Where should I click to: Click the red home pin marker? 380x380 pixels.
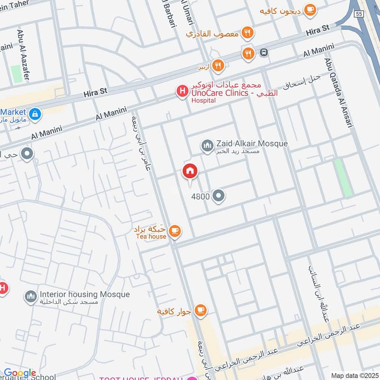[190, 171]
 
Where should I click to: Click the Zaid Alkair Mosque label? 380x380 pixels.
[252, 143]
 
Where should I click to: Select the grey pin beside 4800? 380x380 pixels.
[218, 196]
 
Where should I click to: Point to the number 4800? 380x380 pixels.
[200, 196]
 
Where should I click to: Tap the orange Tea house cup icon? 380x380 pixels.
[175, 231]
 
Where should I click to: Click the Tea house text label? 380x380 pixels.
[151, 236]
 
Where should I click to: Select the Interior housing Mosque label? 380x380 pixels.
[85, 294]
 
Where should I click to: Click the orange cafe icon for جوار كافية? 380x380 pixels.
[200, 311]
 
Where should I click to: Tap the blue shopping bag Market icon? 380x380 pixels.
[35, 114]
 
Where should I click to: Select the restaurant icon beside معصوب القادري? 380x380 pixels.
[247, 33]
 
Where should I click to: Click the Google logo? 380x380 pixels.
[20, 373]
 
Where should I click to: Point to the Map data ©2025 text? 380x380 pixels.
[354, 376]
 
